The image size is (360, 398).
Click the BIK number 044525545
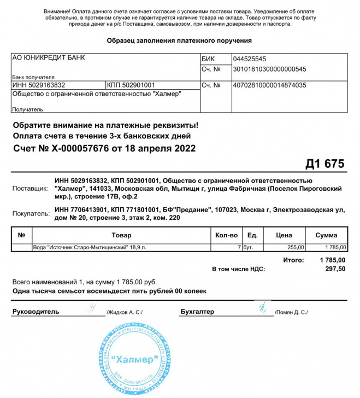coord(249,58)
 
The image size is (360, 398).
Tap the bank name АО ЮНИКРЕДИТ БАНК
coord(48,58)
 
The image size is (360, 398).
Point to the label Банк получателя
coord(32,77)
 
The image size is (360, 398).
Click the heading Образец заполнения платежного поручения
coord(179,40)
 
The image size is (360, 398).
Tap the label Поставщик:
coord(31,188)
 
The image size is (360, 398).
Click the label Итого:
coord(293,260)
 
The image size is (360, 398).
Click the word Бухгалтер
coord(197,312)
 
